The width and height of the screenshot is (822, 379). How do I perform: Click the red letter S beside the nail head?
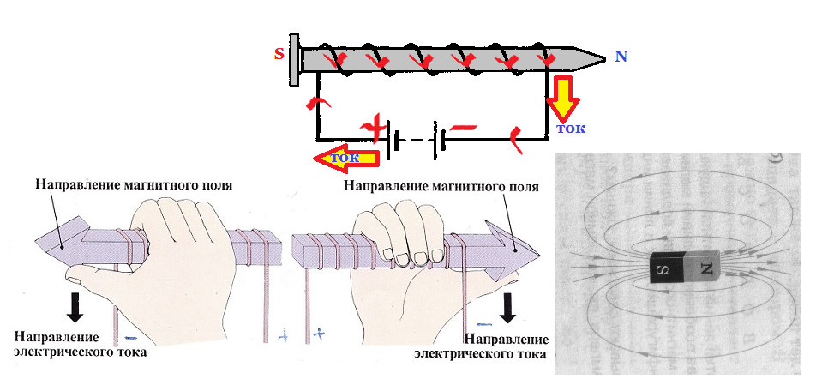(279, 54)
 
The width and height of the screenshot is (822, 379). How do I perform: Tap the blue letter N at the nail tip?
(621, 57)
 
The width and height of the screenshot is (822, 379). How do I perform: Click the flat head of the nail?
(295, 59)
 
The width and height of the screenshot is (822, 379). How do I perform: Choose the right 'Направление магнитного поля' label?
(441, 184)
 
